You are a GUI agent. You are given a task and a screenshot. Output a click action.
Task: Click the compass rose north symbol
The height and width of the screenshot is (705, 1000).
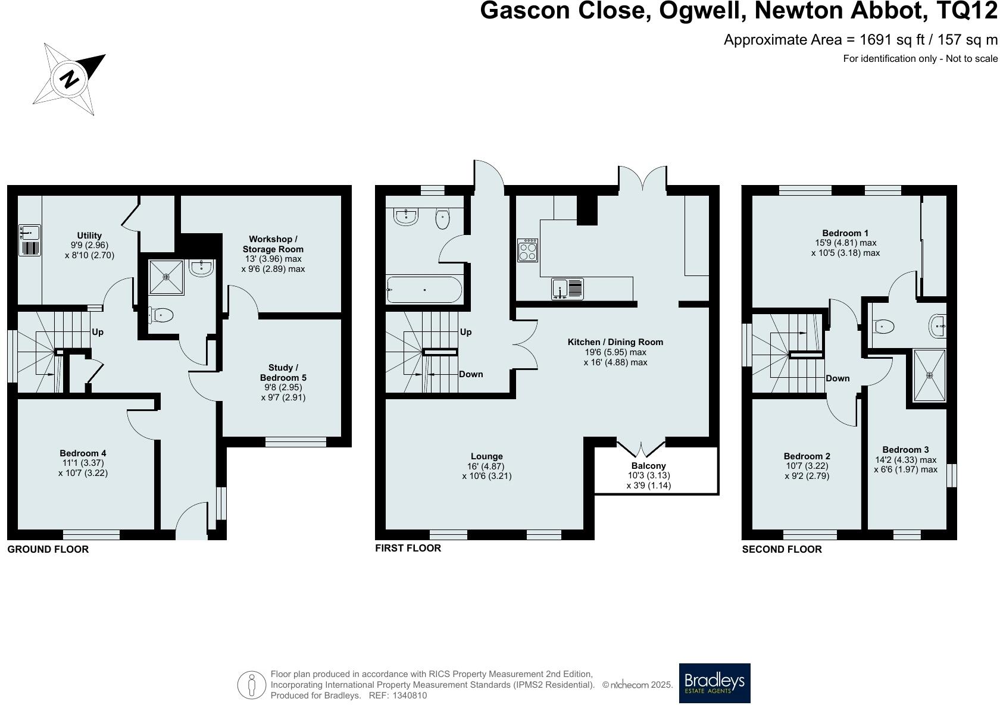[x=69, y=79]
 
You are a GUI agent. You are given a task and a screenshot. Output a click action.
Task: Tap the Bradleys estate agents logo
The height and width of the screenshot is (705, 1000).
[x=714, y=683]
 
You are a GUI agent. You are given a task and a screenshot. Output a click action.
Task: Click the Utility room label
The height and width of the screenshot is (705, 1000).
[x=89, y=236]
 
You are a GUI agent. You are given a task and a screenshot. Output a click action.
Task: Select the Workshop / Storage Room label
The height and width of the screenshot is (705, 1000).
[x=273, y=244]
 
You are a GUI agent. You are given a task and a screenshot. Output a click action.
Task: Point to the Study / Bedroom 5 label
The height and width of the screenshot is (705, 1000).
[x=283, y=372]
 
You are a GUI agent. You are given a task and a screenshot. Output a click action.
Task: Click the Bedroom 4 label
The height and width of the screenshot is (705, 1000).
[x=83, y=453]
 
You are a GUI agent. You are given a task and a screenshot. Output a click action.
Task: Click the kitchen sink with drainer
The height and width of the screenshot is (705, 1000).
[x=567, y=289]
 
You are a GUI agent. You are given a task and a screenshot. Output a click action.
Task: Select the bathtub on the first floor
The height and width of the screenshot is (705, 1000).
[x=424, y=290]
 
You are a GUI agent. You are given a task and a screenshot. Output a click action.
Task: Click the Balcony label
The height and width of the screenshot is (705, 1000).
[x=649, y=466]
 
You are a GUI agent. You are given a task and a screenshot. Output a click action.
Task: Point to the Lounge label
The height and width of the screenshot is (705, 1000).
[x=487, y=457]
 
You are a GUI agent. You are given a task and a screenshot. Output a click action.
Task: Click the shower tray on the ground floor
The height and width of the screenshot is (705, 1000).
[x=167, y=277]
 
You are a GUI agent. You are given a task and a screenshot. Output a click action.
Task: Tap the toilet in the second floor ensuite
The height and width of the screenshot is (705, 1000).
[x=885, y=326]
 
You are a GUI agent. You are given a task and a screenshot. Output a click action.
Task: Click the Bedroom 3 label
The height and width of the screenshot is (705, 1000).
[x=905, y=450]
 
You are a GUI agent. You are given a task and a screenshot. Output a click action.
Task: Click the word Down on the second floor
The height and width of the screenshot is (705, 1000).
[x=837, y=378]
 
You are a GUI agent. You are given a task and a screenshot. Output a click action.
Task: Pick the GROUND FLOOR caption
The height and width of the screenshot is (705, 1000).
[x=48, y=549]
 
